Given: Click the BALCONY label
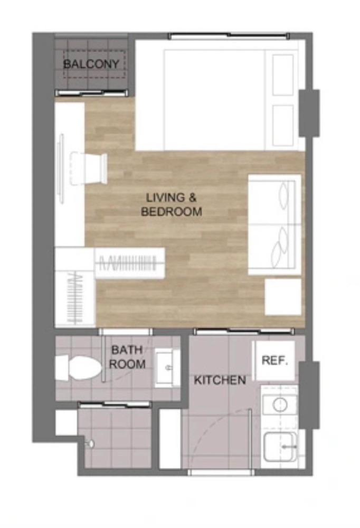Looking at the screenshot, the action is click(x=91, y=64).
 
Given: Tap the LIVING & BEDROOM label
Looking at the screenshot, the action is click(x=172, y=204).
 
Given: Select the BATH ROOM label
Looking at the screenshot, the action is click(x=127, y=357).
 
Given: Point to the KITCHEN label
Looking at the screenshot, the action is click(x=220, y=380).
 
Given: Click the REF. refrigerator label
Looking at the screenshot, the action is click(x=275, y=360).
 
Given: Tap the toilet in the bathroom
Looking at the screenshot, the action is click(x=79, y=368).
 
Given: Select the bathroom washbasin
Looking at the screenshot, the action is click(x=167, y=368).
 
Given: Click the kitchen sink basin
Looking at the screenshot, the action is click(x=280, y=447).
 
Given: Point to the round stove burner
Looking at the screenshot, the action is click(x=280, y=404).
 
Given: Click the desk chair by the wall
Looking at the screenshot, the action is click(x=89, y=168).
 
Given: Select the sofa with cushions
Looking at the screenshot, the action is click(x=274, y=224).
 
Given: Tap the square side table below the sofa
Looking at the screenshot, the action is click(x=282, y=297).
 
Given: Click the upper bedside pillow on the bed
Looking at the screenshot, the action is click(x=283, y=75).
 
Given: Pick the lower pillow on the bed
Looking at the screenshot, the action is click(x=283, y=125).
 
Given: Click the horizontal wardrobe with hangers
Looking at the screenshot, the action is click(x=130, y=263).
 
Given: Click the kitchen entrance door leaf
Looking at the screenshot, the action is click(x=250, y=439).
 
